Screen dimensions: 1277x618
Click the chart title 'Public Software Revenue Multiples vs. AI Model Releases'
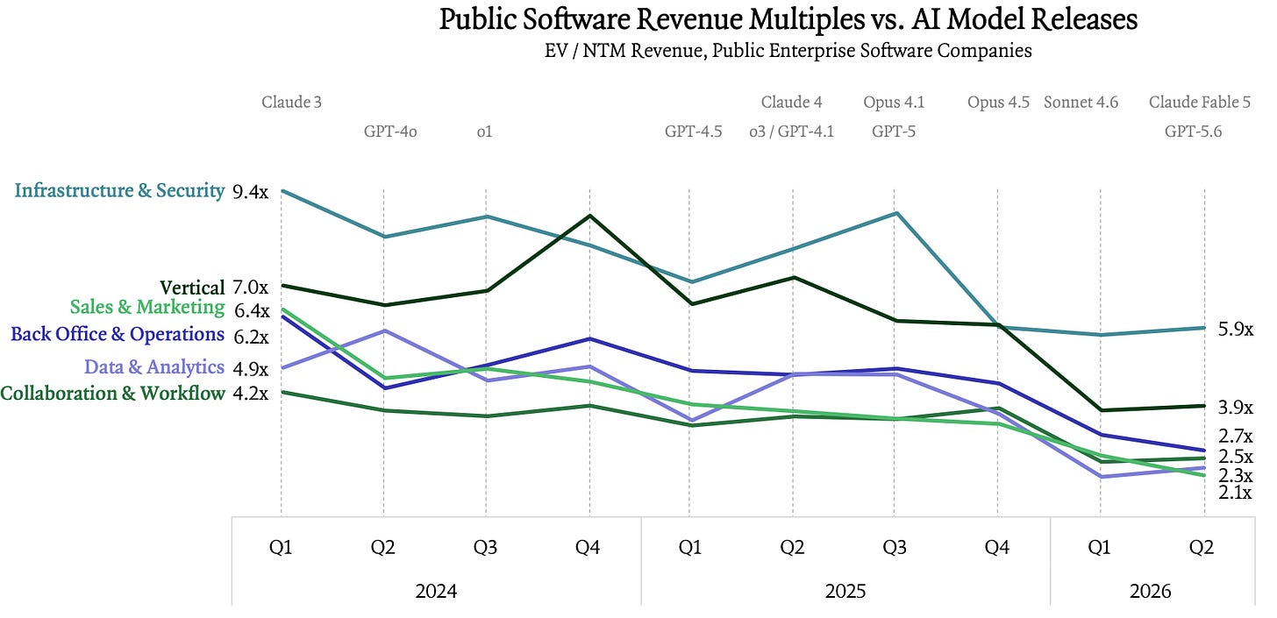tap(788, 19)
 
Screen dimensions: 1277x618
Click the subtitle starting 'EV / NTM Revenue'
tap(788, 51)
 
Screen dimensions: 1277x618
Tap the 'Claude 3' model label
tap(291, 102)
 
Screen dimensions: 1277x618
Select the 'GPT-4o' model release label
tap(390, 131)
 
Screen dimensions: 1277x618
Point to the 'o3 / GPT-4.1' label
tap(791, 131)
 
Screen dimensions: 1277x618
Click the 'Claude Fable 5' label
tap(1200, 102)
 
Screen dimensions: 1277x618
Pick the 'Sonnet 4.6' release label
tap(1081, 102)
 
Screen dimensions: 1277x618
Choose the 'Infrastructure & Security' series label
tap(119, 191)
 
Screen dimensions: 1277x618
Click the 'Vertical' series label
tap(192, 288)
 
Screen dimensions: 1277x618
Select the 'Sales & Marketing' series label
tap(147, 307)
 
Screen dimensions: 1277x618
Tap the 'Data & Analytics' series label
tap(154, 366)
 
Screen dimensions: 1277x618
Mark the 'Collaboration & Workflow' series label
tap(112, 394)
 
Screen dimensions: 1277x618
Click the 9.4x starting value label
tap(250, 193)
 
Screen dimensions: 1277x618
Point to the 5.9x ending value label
tap(1236, 330)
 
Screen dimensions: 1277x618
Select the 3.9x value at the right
tap(1236, 408)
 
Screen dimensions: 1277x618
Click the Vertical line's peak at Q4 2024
tap(589, 216)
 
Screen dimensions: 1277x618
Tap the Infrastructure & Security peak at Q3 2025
tap(895, 213)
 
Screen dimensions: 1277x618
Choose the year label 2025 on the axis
tap(845, 591)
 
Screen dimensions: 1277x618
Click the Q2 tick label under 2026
tap(1202, 547)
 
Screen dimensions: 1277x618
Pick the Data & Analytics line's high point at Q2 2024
tap(384, 330)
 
